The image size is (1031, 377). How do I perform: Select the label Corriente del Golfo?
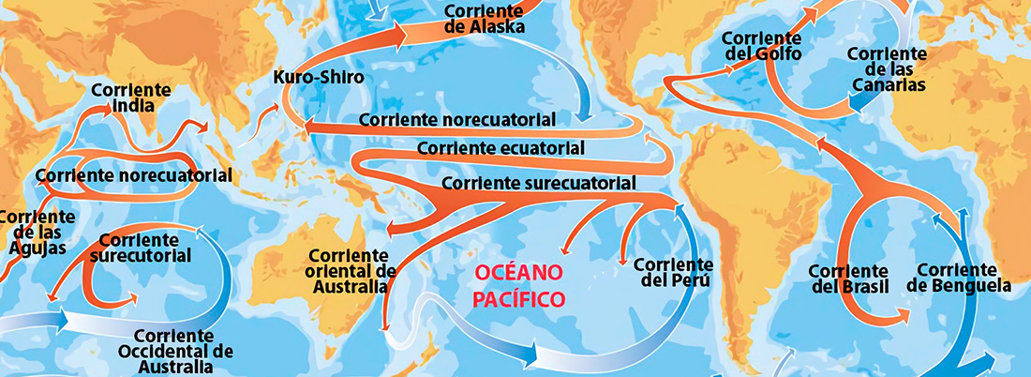[x=762, y=46]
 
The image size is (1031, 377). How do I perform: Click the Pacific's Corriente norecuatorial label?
[x=456, y=120]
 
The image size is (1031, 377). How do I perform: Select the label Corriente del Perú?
[x=671, y=273]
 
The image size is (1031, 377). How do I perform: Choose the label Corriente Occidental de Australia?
[x=184, y=352]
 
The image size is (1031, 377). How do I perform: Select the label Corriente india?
[x=132, y=98]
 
